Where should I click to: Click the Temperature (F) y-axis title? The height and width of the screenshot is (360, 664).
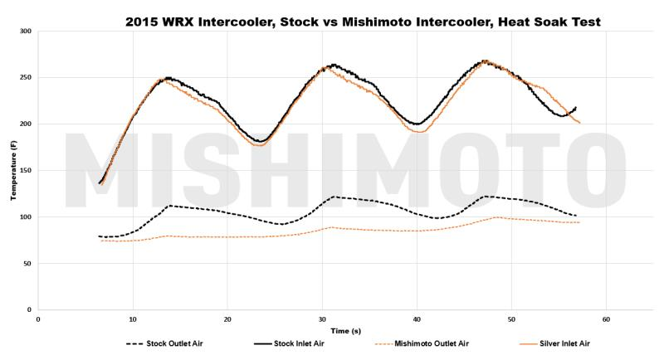click(x=13, y=170)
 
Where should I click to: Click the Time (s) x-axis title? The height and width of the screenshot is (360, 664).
click(x=338, y=329)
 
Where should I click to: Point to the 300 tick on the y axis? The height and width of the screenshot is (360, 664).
click(x=26, y=32)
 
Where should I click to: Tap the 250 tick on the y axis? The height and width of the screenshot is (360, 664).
click(x=26, y=78)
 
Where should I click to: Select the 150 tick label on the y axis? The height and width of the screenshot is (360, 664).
click(x=26, y=171)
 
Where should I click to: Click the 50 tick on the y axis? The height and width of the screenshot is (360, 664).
click(x=27, y=264)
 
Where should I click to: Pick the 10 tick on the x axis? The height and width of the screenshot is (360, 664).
click(x=133, y=319)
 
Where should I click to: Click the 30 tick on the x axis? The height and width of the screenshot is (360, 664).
click(x=322, y=319)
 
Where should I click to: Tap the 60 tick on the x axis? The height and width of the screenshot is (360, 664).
click(x=606, y=319)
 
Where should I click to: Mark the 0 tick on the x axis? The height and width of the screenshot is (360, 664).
click(x=38, y=319)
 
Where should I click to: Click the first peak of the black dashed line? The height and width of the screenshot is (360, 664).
click(x=169, y=206)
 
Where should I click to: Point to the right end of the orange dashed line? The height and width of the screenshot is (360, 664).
click(x=579, y=222)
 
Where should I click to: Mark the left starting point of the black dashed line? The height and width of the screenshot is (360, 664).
click(x=99, y=236)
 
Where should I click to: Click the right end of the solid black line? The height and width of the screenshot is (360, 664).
click(x=576, y=107)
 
